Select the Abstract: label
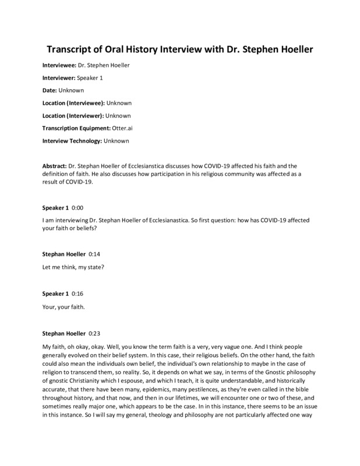55,166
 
